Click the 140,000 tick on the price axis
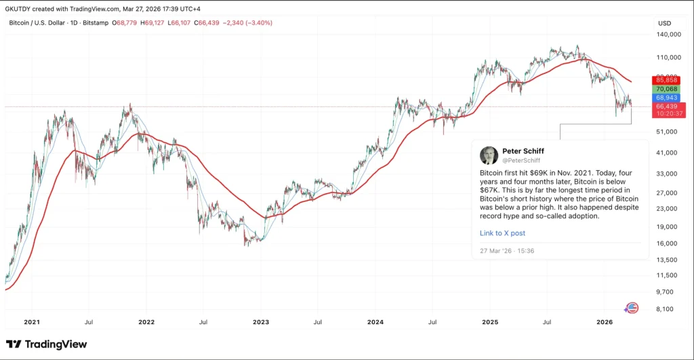coord(668,34)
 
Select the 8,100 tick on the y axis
coord(669,308)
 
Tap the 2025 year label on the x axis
coord(490,323)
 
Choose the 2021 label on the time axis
coord(32,323)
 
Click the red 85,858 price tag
coord(667,80)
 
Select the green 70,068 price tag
coord(667,89)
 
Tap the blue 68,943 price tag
coord(667,98)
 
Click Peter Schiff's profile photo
coord(489,155)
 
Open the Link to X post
coord(502,233)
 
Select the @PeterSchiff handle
coord(521,160)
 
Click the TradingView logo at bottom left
coord(47,344)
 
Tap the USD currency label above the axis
coord(664,23)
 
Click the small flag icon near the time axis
coord(632,308)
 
